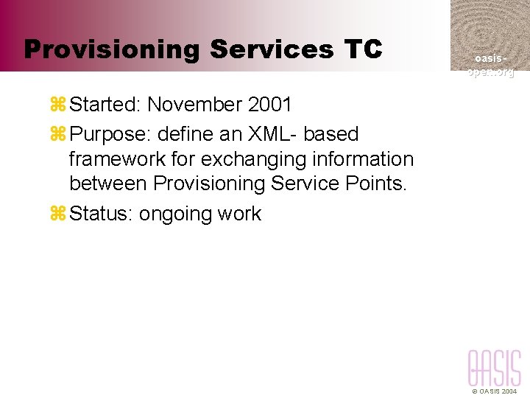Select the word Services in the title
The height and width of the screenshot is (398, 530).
point(272,50)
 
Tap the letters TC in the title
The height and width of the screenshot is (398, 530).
point(362,50)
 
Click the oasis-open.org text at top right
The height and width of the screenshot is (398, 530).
point(490,65)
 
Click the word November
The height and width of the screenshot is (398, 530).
point(194,105)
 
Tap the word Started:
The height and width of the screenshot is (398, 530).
point(105,105)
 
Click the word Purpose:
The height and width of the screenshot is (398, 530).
point(109,134)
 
